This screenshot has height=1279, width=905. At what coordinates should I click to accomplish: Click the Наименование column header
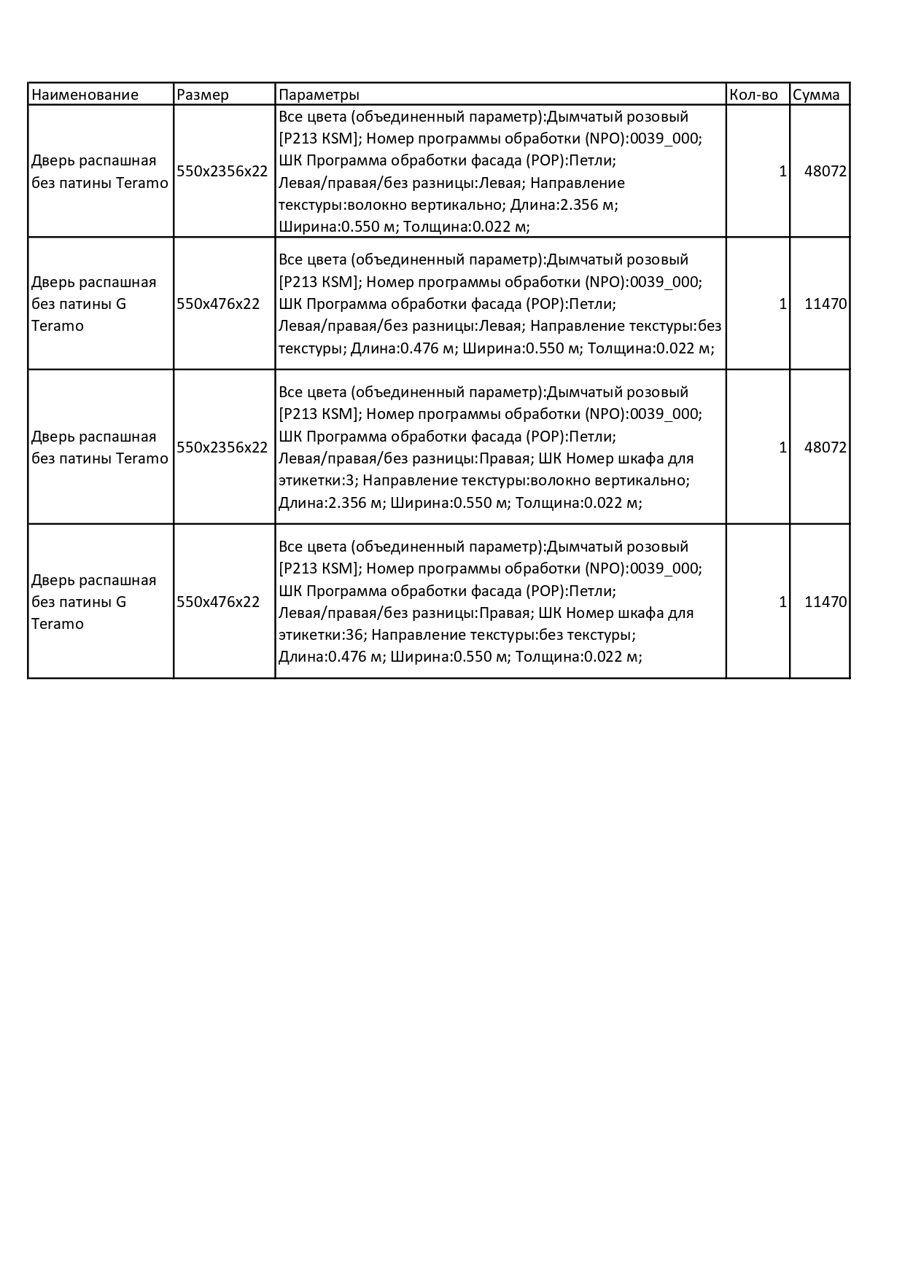click(85, 95)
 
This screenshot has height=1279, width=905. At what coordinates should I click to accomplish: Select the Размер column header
click(203, 95)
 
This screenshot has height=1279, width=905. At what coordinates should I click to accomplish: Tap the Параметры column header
click(319, 95)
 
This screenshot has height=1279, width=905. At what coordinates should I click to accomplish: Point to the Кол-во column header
click(753, 95)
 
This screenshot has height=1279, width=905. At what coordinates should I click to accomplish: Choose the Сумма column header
click(816, 95)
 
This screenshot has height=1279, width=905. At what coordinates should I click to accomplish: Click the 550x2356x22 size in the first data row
click(222, 172)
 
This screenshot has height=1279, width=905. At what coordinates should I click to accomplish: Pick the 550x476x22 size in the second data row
click(218, 304)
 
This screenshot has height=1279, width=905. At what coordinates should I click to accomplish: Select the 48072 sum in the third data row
click(825, 447)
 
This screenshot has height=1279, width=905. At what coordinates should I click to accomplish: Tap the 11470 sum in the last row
click(825, 602)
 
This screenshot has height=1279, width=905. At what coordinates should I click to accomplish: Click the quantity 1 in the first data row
click(782, 172)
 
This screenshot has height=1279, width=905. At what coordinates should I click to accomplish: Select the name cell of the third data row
click(100, 447)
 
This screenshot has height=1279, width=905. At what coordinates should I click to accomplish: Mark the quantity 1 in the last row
click(782, 602)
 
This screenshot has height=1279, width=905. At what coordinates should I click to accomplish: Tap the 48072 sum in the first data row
click(825, 172)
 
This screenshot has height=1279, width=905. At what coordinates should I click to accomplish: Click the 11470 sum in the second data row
click(825, 304)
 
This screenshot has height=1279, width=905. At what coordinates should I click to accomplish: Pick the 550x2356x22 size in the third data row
click(222, 447)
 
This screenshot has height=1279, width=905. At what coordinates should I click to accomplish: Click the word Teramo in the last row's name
click(58, 625)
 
